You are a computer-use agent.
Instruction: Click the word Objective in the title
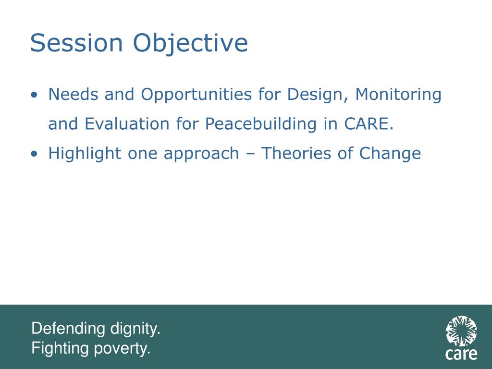coord(190,44)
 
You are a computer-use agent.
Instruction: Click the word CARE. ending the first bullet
coord(369,124)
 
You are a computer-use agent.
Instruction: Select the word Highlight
coord(85,154)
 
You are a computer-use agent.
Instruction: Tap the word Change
coord(390,154)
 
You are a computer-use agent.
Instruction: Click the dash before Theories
coord(250,154)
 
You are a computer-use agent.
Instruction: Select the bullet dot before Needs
coord(34,95)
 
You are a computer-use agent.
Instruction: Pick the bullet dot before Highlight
coord(34,154)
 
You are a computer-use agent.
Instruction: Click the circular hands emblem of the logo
coord(461,331)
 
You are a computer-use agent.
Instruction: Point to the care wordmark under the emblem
coord(461,354)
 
